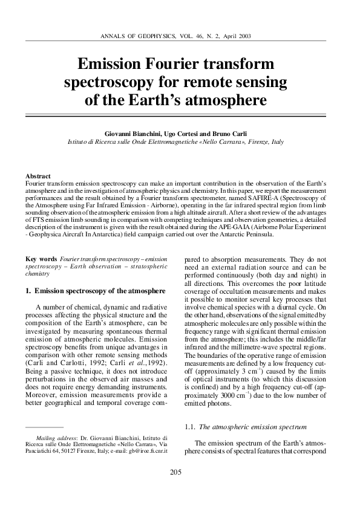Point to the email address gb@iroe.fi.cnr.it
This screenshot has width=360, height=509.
(x=141, y=451)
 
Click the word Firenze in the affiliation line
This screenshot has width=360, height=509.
(x=255, y=141)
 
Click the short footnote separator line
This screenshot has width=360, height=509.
(x=48, y=427)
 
